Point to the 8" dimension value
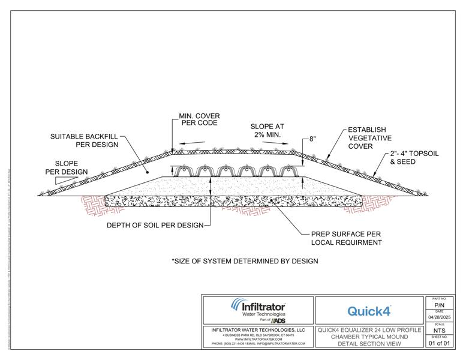[x=312, y=139]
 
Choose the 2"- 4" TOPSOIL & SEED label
[x=414, y=158]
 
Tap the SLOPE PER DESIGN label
[x=71, y=167]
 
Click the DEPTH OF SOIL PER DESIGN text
[x=155, y=226]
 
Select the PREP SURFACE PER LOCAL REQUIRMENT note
[x=346, y=238]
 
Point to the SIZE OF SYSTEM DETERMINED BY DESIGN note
[x=245, y=261]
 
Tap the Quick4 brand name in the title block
[x=369, y=311]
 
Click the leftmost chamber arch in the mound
[x=185, y=170]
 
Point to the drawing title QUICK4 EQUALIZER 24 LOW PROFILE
[x=369, y=330]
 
